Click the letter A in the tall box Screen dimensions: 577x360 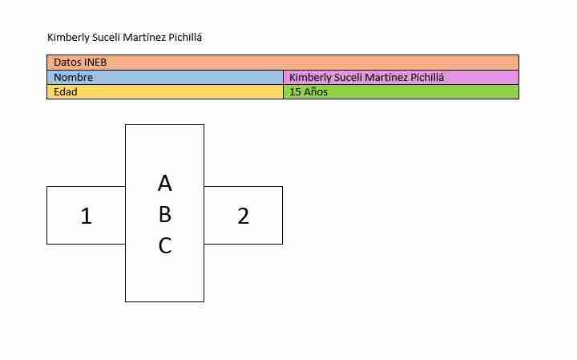pos(164,183)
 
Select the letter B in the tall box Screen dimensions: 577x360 pos(165,214)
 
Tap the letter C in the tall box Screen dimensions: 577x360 pos(165,245)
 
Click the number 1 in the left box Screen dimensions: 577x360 pos(86,216)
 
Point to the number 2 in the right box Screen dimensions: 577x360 pos(244,216)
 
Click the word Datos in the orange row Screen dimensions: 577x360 pos(67,63)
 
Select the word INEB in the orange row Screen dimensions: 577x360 pos(95,63)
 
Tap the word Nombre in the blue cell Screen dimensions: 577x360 pos(73,77)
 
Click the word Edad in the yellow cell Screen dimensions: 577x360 pos(66,92)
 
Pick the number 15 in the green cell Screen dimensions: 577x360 pos(295,92)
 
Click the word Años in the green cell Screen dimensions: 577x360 pos(316,92)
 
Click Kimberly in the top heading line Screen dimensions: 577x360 pos(68,38)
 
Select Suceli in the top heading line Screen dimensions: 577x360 pos(107,38)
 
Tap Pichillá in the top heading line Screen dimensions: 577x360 pos(185,38)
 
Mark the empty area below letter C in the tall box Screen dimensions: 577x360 pos(164,278)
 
